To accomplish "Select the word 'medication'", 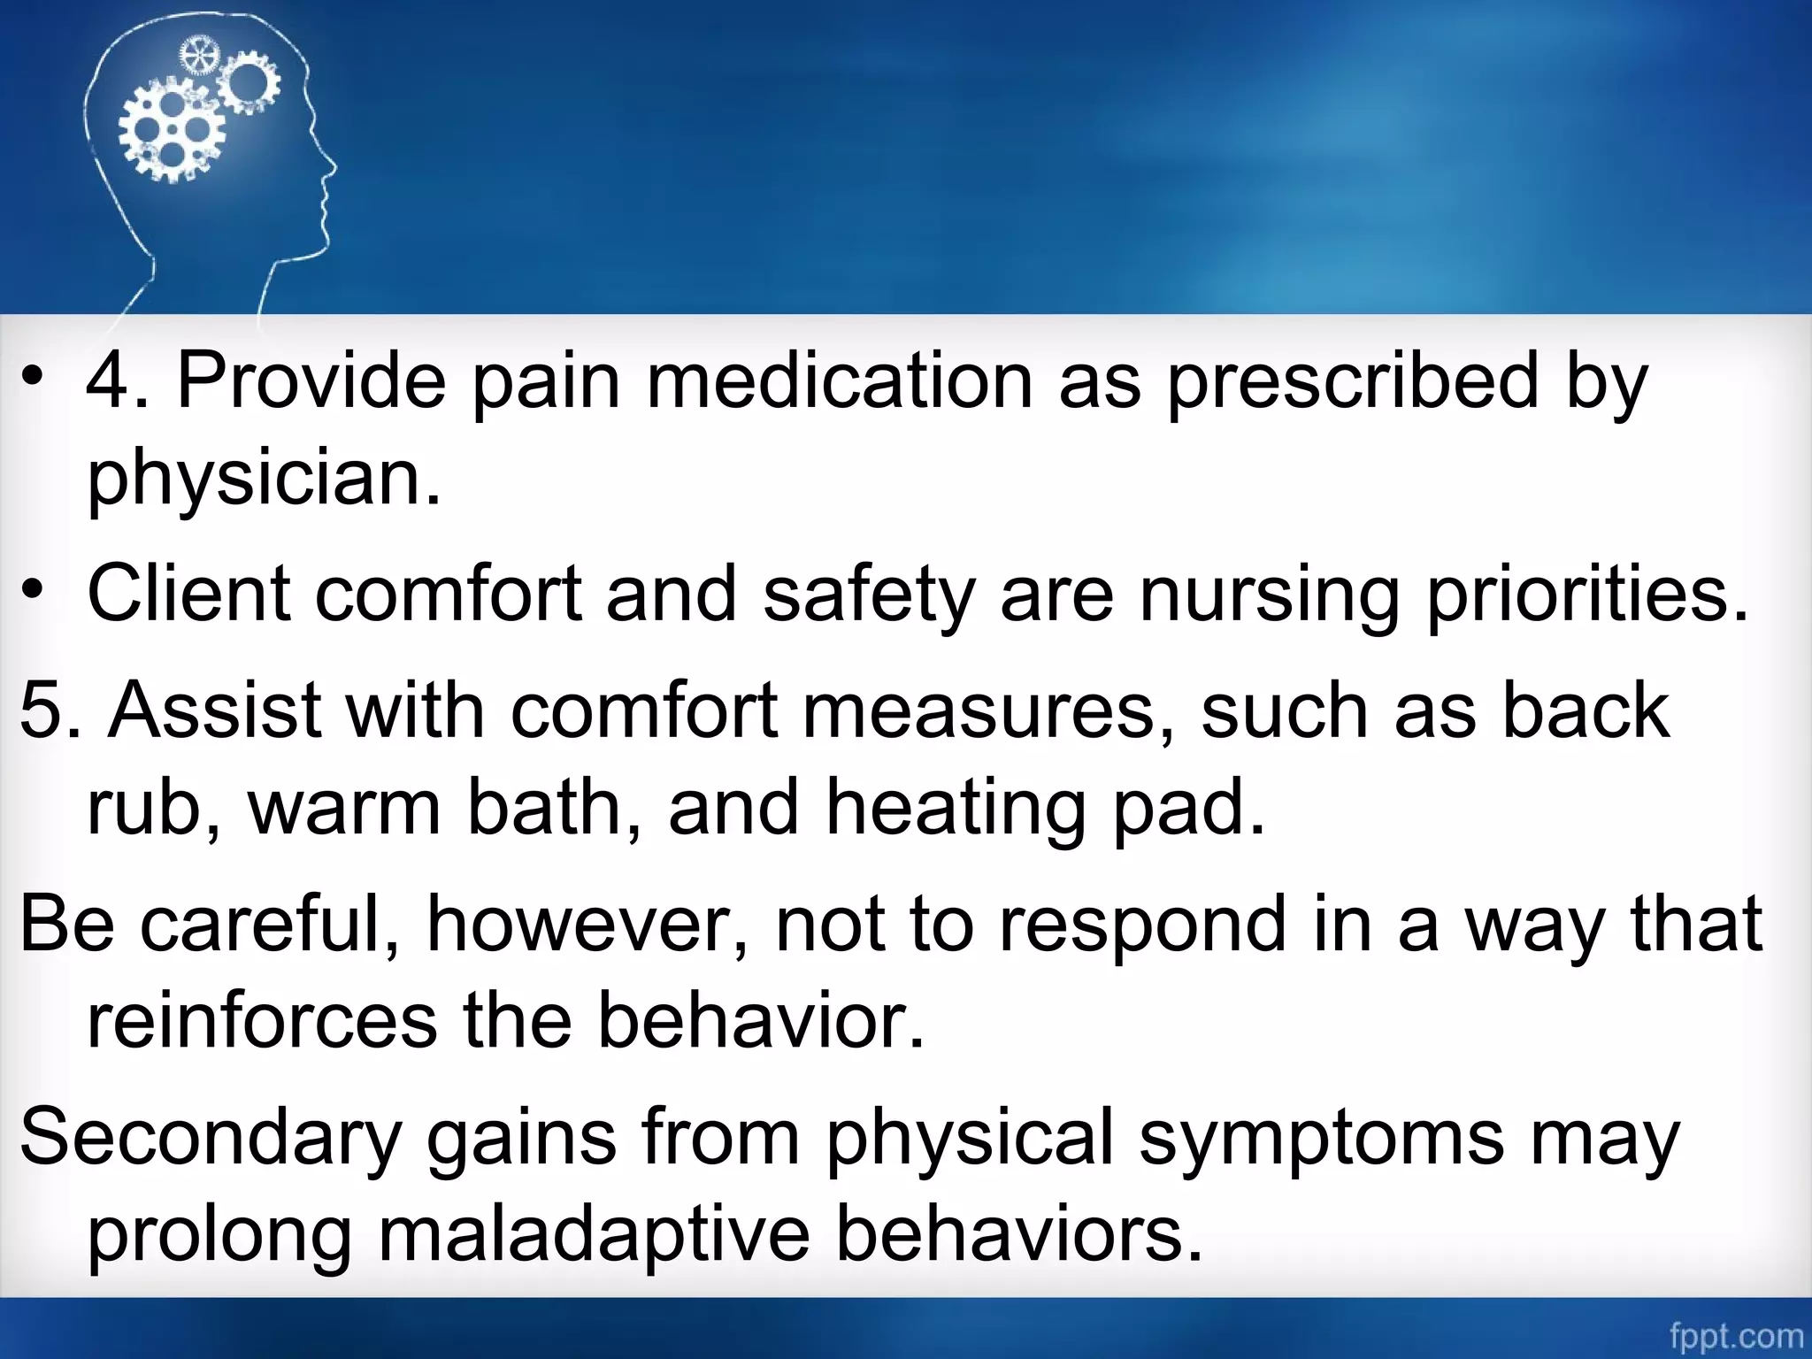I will tap(840, 381).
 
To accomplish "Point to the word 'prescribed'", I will tap(1354, 381).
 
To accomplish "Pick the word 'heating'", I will tap(955, 809).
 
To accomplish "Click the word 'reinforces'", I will tap(262, 1021).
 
